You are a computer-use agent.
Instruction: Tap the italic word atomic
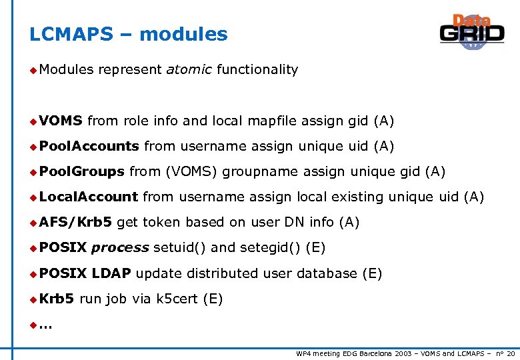click(x=189, y=70)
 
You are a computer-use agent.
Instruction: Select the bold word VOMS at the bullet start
click(x=61, y=121)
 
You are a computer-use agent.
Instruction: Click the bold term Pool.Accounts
click(x=89, y=146)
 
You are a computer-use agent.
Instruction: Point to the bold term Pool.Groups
click(x=81, y=171)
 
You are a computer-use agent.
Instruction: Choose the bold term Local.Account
click(x=88, y=197)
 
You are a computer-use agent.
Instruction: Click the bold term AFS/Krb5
click(x=75, y=222)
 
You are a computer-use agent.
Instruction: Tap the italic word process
click(x=120, y=248)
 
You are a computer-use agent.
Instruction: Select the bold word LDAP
click(x=111, y=273)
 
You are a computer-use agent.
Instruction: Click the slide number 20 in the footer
click(x=511, y=353)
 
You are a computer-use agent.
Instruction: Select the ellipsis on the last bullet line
click(x=46, y=326)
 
